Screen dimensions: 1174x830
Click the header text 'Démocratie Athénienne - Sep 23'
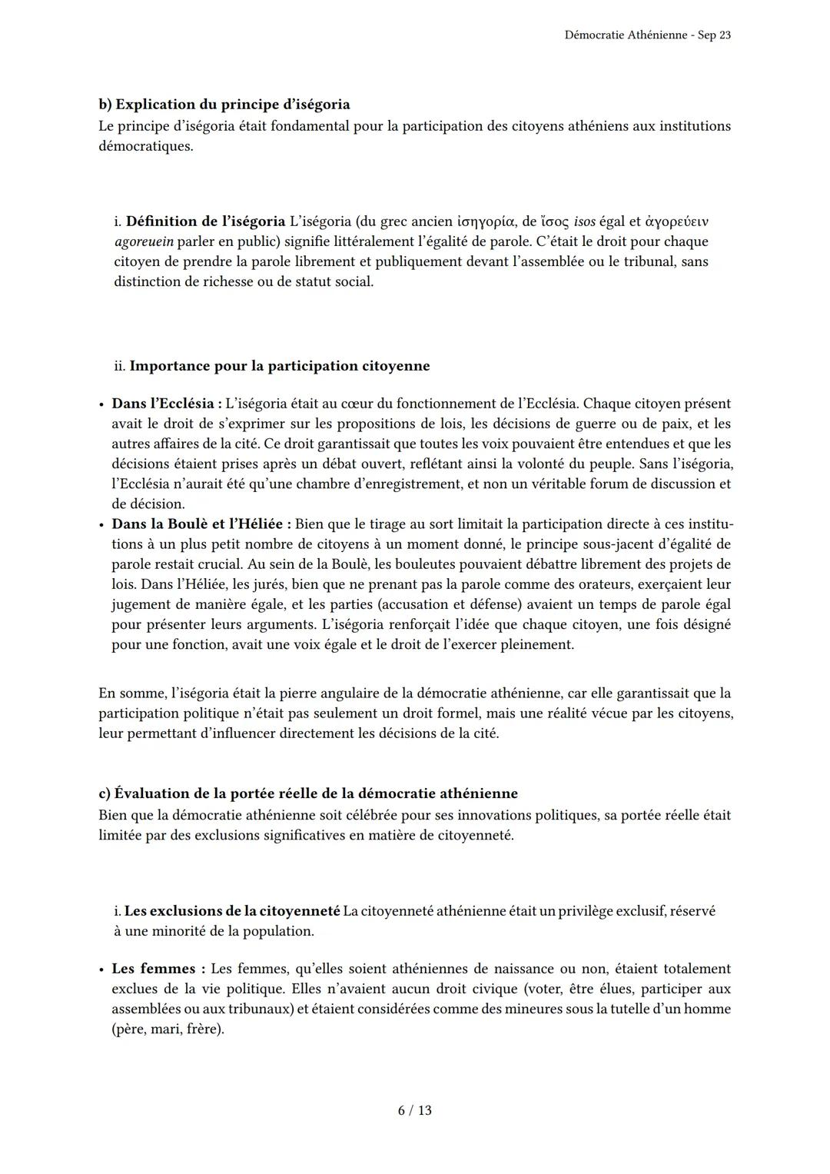pos(647,35)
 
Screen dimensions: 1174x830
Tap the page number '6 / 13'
pos(415,1110)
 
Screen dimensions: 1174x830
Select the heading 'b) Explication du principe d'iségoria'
pos(224,105)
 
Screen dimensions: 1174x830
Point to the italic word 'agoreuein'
pos(143,241)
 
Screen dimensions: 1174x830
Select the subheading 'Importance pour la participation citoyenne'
pos(279,366)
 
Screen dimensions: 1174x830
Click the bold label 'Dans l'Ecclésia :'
pos(167,404)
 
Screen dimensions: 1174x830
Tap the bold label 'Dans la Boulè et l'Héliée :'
pos(201,524)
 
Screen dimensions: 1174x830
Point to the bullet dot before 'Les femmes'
pos(101,969)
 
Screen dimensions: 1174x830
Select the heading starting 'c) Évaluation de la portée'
pos(307,793)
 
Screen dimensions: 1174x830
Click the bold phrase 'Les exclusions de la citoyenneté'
pos(231,911)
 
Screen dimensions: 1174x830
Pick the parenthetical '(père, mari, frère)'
pos(168,1029)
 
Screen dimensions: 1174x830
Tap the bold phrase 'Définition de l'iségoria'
pos(205,221)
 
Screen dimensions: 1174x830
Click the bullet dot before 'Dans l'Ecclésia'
pos(101,404)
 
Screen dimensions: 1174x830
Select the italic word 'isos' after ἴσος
pos(584,221)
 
